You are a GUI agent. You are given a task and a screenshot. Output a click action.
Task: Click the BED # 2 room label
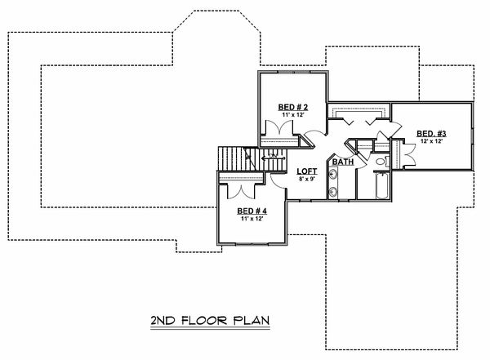tap(288, 107)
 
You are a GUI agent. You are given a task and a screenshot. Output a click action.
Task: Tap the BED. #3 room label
tap(431, 133)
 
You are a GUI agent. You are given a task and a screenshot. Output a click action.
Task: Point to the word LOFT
tap(306, 171)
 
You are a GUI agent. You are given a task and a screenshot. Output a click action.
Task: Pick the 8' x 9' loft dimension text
tap(306, 179)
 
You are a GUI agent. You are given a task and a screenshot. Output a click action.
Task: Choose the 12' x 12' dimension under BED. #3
tap(431, 141)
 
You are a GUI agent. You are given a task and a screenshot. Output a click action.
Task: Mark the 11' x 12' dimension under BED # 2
tap(288, 115)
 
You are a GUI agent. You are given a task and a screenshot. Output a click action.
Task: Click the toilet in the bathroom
tap(381, 162)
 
